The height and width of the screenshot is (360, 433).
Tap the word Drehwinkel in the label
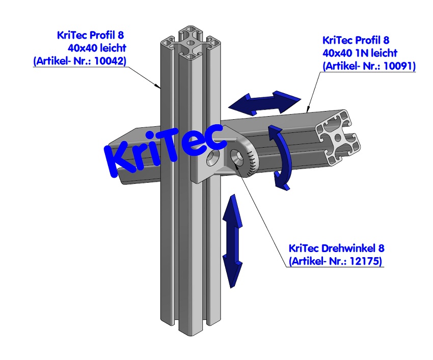click(348, 249)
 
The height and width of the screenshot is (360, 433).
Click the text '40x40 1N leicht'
click(360, 53)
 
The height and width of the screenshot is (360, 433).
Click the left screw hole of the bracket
click(211, 159)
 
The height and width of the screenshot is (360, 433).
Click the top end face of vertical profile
click(194, 41)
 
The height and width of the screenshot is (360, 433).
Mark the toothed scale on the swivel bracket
click(252, 160)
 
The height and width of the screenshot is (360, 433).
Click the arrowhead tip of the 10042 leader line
click(161, 88)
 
